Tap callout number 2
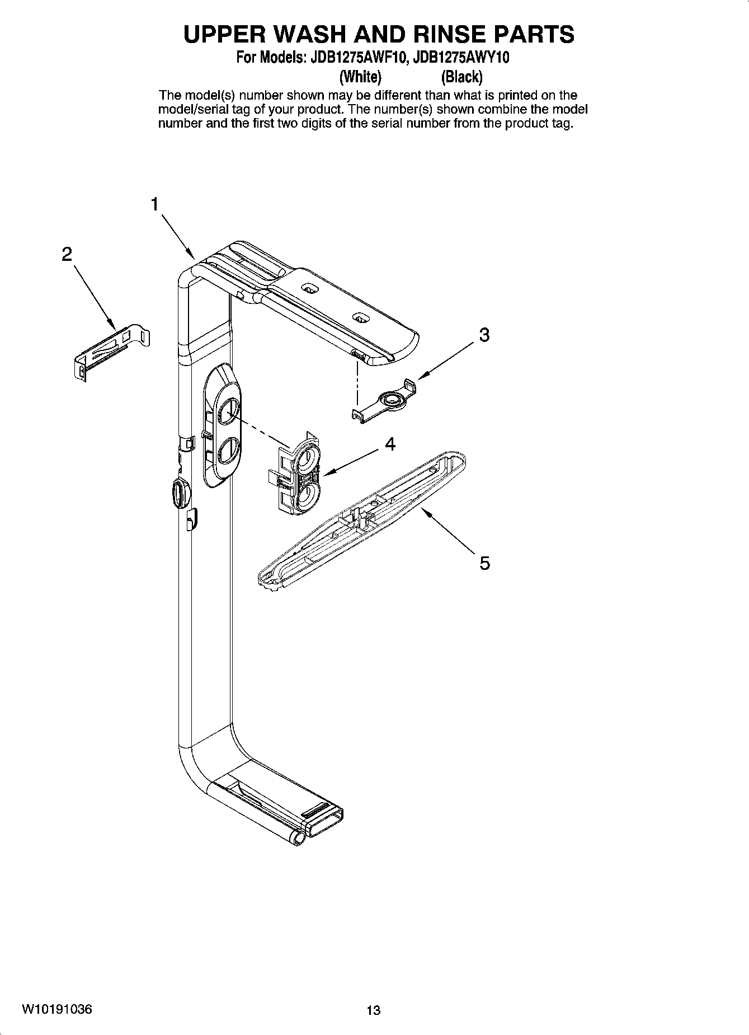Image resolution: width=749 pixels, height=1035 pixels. [x=67, y=255]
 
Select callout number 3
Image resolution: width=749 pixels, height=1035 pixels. [x=484, y=335]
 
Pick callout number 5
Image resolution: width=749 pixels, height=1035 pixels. [x=484, y=563]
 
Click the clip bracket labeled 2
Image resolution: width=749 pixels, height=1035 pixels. [x=112, y=350]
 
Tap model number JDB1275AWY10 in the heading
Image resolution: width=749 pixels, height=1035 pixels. [x=460, y=58]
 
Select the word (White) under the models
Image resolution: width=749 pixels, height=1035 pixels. [x=361, y=76]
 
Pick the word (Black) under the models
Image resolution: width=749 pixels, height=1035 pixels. [x=461, y=76]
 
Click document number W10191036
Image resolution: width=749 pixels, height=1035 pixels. [x=58, y=1009]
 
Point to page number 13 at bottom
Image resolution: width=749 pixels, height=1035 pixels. [x=373, y=1010]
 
